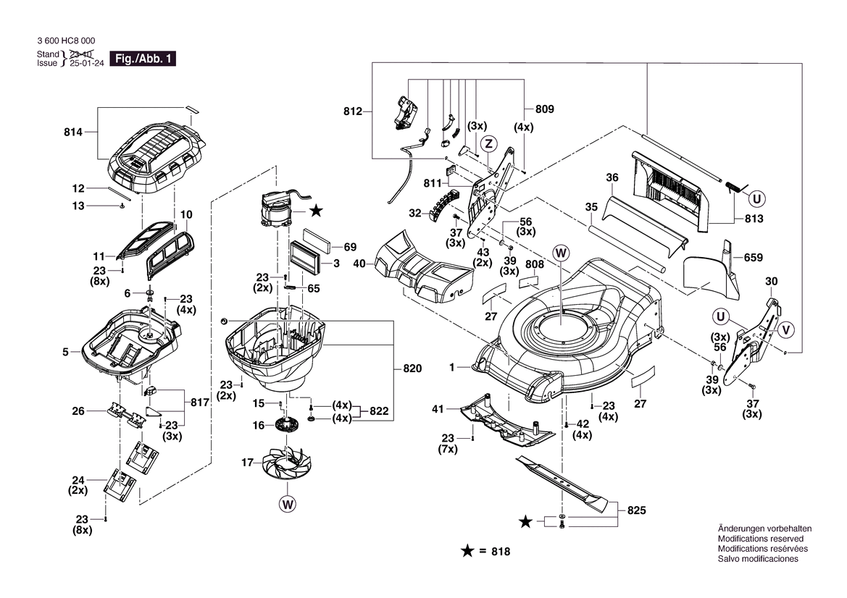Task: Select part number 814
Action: point(72,132)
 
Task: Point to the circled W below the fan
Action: point(288,504)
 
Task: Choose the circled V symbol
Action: point(785,330)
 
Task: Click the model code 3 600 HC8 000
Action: point(65,41)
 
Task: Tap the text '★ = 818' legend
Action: point(485,552)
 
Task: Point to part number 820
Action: point(412,369)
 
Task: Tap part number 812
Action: point(353,111)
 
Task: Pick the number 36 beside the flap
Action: point(612,177)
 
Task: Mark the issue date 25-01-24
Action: point(85,63)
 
